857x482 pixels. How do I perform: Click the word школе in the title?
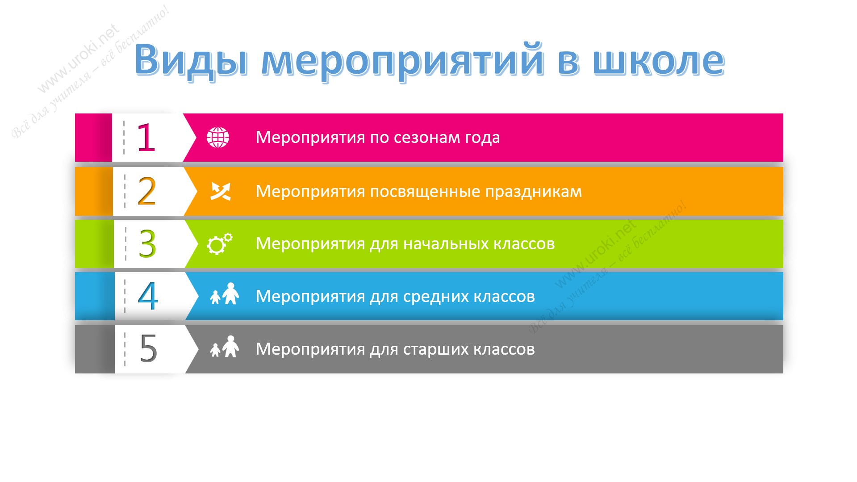click(x=658, y=60)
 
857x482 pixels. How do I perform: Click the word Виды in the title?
click(x=191, y=60)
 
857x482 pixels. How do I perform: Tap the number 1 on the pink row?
click(x=146, y=138)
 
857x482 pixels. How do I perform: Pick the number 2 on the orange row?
click(x=147, y=191)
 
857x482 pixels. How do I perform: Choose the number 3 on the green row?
click(x=147, y=244)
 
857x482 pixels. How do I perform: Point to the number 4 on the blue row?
click(x=148, y=296)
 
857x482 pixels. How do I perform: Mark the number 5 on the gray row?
click(x=148, y=348)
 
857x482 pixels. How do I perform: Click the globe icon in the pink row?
click(x=218, y=137)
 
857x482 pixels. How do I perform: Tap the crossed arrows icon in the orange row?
click(x=221, y=191)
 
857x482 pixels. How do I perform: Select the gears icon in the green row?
click(x=220, y=243)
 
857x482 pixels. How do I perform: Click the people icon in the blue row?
click(x=224, y=293)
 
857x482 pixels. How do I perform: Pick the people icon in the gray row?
click(x=224, y=347)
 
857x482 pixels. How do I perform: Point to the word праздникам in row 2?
click(x=534, y=192)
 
